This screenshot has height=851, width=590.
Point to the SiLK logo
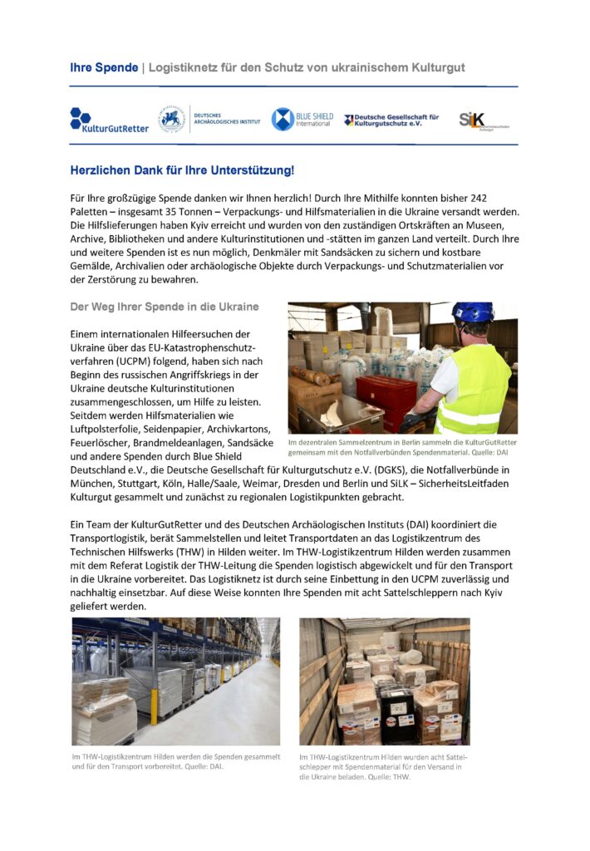(483, 121)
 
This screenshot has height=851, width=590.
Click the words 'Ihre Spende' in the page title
(104, 66)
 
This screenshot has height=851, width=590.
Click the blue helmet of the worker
(472, 312)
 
